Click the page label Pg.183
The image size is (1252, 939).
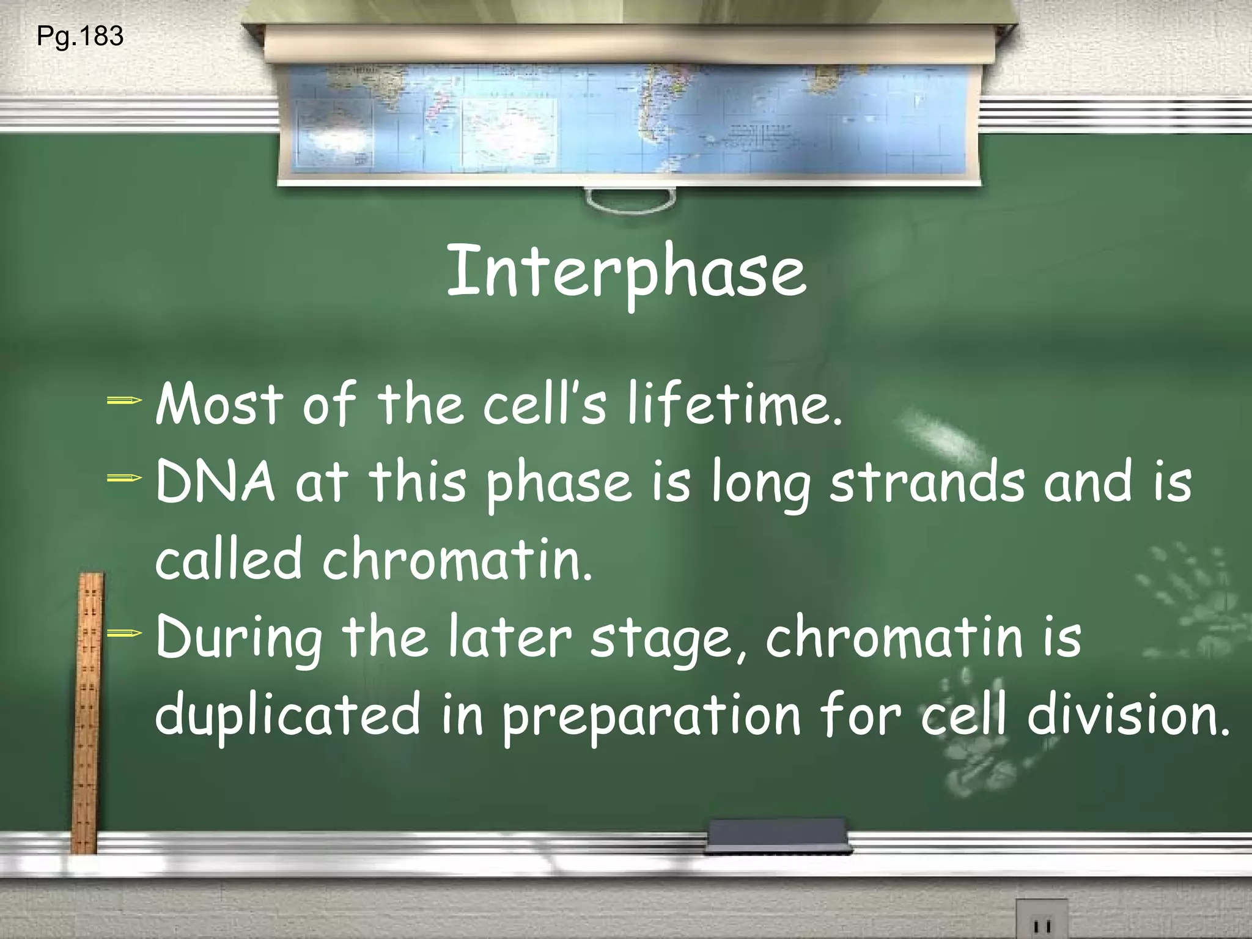(x=80, y=36)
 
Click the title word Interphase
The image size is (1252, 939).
(x=627, y=271)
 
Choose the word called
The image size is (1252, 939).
(x=229, y=559)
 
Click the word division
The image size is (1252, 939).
(x=1127, y=714)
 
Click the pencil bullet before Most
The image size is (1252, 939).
(x=124, y=402)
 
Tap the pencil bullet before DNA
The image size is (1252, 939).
(x=124, y=479)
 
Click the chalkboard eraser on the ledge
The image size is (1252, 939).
(x=778, y=835)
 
